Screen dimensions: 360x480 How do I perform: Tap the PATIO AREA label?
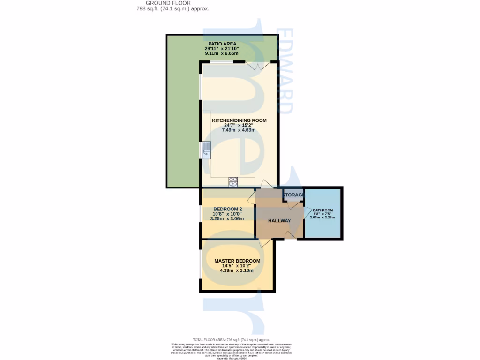click(x=220, y=44)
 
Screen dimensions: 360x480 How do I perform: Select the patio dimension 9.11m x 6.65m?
click(x=221, y=53)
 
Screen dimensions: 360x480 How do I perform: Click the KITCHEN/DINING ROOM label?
click(x=239, y=120)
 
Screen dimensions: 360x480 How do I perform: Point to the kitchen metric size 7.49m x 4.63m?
click(x=239, y=130)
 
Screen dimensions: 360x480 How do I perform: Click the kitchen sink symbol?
click(x=207, y=150)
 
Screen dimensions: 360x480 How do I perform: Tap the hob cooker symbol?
click(x=233, y=182)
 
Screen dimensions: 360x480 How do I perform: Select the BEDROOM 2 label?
click(x=227, y=209)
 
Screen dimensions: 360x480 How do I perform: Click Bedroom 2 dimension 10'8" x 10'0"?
click(x=227, y=214)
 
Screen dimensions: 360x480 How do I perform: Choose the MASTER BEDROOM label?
click(x=237, y=261)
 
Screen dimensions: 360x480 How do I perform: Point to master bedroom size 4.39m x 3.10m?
click(x=237, y=270)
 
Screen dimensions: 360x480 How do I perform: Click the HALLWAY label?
click(x=279, y=221)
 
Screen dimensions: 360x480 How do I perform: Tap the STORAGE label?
click(x=293, y=195)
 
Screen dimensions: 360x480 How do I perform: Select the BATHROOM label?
click(x=323, y=210)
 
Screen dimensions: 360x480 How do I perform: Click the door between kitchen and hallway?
click(x=264, y=184)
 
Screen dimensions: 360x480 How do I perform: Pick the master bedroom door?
click(x=265, y=242)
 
